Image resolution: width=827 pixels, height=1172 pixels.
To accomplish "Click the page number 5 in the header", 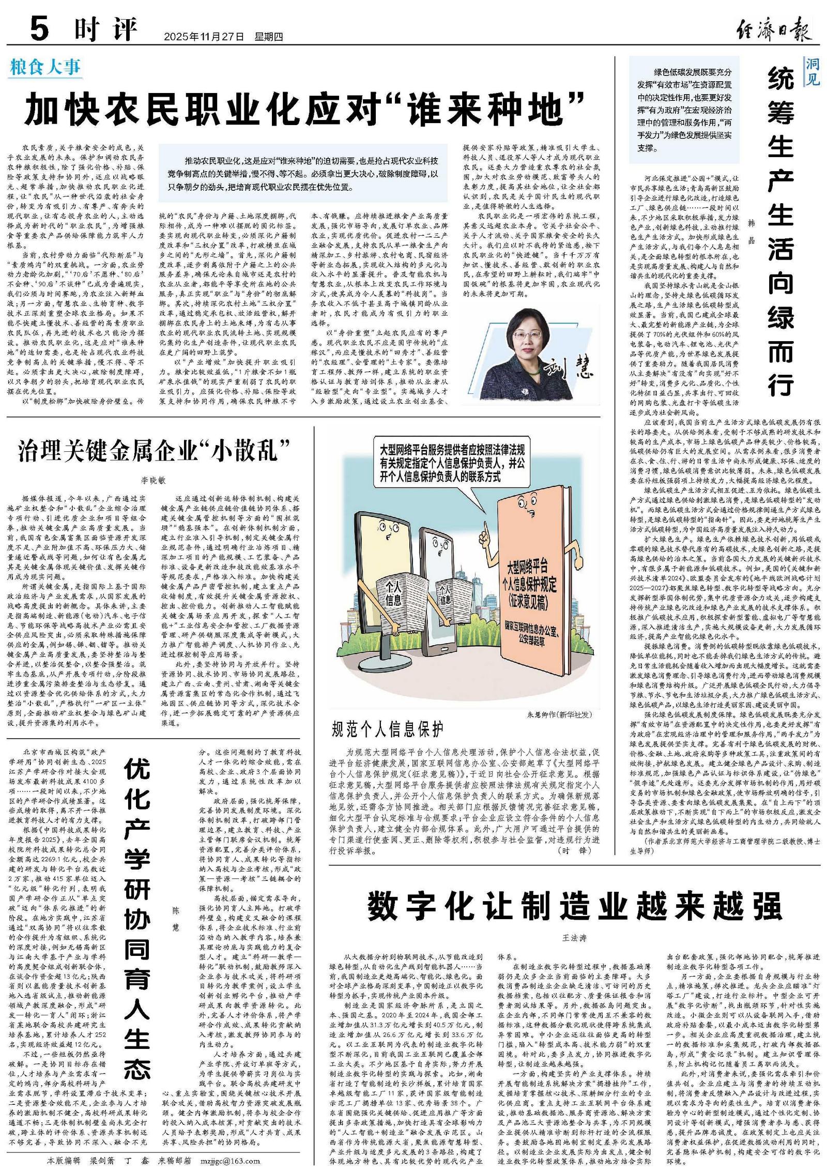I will click(39, 28).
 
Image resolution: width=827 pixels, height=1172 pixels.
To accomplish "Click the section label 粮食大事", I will click(45, 67).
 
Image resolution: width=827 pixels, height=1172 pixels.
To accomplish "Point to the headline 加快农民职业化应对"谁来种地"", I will click(305, 109).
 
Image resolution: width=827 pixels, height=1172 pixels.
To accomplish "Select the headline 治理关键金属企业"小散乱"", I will click(154, 451).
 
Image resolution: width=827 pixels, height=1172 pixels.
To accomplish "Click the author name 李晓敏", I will click(154, 480).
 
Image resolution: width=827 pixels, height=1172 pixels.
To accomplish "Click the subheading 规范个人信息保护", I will click(388, 730).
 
